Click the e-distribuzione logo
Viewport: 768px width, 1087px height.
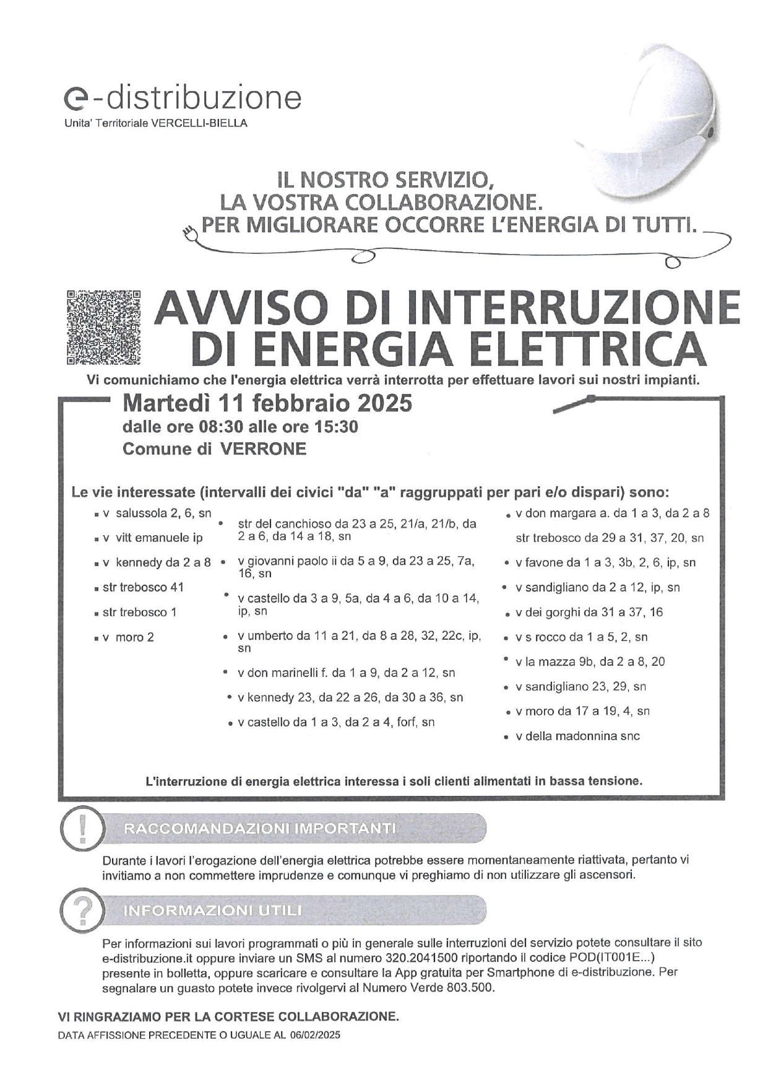[183, 98]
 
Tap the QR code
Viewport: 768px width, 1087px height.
[103, 326]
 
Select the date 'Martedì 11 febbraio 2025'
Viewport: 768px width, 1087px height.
[267, 403]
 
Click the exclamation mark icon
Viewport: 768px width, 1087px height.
[82, 829]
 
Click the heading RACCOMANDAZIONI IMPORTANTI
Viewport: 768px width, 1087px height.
[260, 829]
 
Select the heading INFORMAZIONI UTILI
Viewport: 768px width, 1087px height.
[213, 911]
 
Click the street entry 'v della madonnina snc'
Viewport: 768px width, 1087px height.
[577, 736]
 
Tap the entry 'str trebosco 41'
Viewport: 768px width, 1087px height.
[143, 587]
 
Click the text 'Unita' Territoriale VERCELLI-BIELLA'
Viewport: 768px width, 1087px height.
[155, 123]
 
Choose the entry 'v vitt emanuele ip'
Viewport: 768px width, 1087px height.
[153, 538]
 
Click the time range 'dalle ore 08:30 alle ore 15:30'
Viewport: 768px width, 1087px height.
[240, 427]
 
